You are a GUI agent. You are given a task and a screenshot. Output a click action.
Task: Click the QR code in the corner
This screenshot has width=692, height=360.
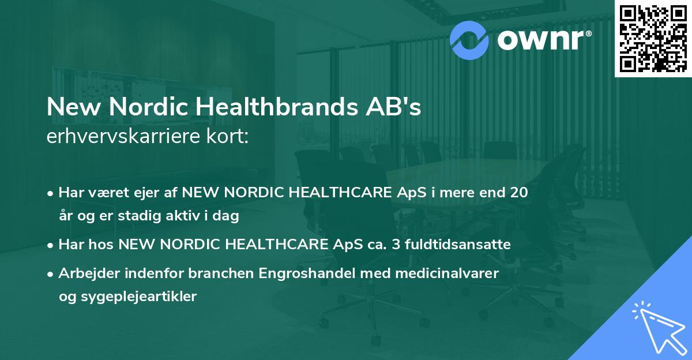653,38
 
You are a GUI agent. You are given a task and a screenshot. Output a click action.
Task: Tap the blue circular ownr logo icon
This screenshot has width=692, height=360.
469,39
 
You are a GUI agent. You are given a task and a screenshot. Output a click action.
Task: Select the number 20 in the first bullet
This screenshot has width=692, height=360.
518,193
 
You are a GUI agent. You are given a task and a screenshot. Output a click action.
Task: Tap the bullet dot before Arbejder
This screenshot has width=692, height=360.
51,273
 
